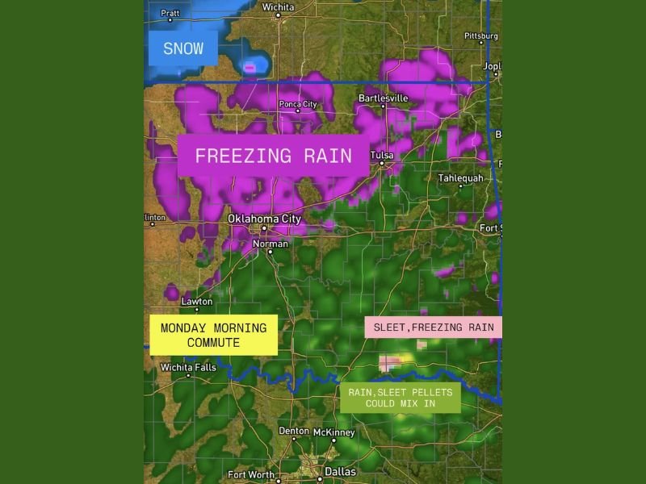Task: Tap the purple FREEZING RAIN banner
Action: (273, 156)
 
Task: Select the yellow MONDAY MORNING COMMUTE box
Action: (213, 335)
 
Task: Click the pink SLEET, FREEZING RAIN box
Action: (434, 327)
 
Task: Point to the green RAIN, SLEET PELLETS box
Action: (400, 398)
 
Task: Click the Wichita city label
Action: (279, 7)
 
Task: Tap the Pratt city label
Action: (170, 13)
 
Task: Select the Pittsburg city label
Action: (481, 35)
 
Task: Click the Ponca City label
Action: (297, 104)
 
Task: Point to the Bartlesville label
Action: (384, 98)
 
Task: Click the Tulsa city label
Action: (382, 155)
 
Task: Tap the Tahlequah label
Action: (460, 177)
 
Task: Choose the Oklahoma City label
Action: (264, 219)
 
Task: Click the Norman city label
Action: (270, 243)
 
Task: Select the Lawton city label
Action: (196, 302)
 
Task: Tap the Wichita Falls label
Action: (188, 367)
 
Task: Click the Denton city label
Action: (294, 431)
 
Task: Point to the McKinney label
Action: (333, 432)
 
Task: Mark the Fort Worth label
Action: (251, 475)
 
